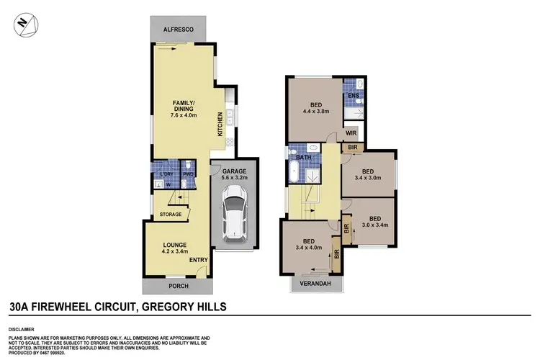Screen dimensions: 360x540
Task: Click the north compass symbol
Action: pos(22,24)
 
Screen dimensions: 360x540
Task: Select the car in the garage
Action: pos(232,213)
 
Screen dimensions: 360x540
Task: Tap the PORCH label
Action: pos(177,286)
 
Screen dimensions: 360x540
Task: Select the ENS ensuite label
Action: pos(352,95)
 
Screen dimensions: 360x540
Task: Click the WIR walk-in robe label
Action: pos(351,133)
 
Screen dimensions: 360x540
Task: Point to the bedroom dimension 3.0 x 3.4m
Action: pos(374,225)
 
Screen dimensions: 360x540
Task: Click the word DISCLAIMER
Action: pos(22,323)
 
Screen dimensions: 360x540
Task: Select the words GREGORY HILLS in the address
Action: pos(182,307)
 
